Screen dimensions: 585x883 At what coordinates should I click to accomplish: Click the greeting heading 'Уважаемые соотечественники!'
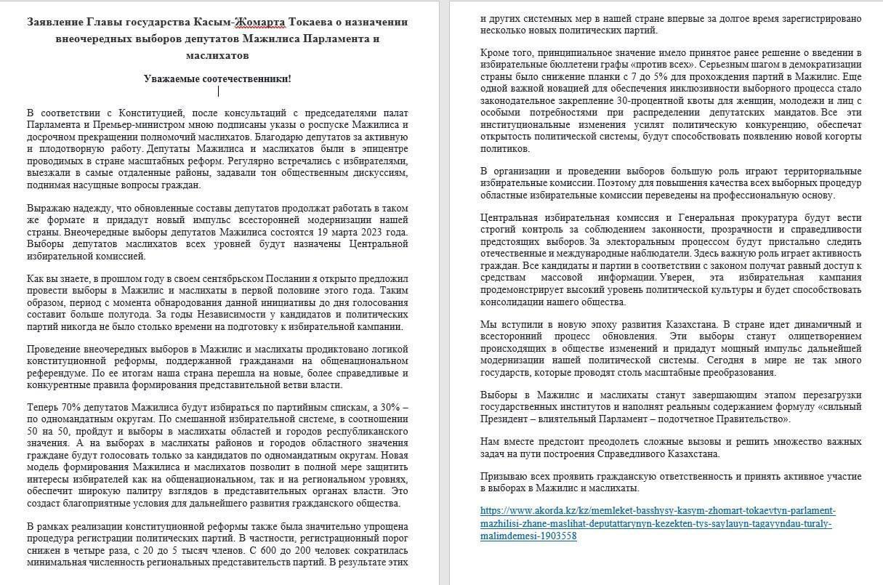tap(217, 78)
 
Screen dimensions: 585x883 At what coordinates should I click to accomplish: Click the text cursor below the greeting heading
tap(219, 92)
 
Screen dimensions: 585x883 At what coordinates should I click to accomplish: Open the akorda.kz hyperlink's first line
tap(657, 510)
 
